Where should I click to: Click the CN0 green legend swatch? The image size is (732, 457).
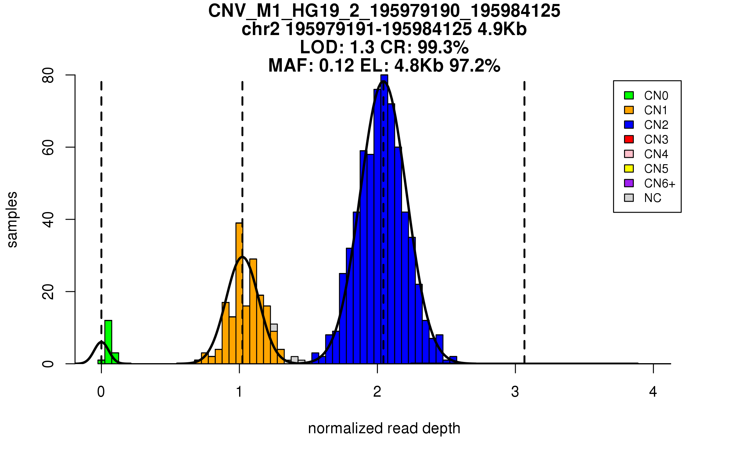point(629,95)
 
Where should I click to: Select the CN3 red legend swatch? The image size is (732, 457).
point(629,139)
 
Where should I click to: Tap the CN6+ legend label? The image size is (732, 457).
point(659,183)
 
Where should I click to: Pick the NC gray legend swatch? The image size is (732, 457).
point(629,198)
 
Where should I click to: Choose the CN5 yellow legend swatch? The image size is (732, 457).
point(629,168)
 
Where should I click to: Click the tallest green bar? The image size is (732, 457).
point(108,342)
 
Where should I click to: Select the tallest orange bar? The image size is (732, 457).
point(239,292)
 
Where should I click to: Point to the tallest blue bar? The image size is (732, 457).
point(384,219)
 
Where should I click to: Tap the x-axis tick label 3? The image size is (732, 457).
point(515,392)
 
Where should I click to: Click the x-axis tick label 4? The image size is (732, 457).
point(653,392)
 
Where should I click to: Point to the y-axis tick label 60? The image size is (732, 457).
point(48,147)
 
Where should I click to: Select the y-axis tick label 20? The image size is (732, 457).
point(48,292)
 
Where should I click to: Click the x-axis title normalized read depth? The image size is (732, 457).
point(384,428)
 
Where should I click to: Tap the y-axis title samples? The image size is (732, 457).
point(12,219)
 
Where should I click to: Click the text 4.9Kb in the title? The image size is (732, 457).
point(502,29)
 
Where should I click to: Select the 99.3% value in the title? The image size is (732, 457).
point(443,47)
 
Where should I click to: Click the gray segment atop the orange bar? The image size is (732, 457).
point(274,328)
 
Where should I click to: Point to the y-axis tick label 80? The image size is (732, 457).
point(48,75)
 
